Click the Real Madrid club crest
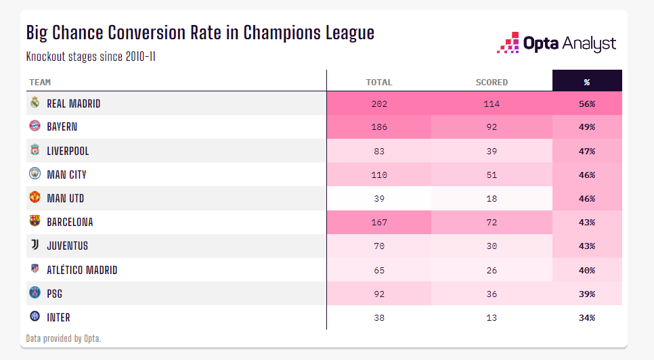pyautogui.click(x=35, y=104)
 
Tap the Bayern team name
pyautogui.click(x=62, y=127)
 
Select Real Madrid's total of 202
pyautogui.click(x=378, y=104)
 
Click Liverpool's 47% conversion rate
pyautogui.click(x=586, y=151)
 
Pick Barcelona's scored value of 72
pyautogui.click(x=492, y=222)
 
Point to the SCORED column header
pyautogui.click(x=492, y=83)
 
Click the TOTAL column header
pyautogui.click(x=378, y=83)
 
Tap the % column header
pyautogui.click(x=586, y=83)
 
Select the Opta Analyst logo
pyautogui.click(x=557, y=43)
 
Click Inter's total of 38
pyautogui.click(x=378, y=317)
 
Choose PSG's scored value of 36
pyautogui.click(x=492, y=294)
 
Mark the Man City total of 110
pyautogui.click(x=378, y=175)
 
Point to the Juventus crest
pyautogui.click(x=35, y=246)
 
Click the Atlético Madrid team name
pyautogui.click(x=82, y=270)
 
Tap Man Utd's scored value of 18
pyautogui.click(x=492, y=198)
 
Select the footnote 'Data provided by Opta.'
pyautogui.click(x=64, y=338)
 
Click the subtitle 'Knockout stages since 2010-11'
pyautogui.click(x=91, y=56)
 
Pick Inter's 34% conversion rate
pyautogui.click(x=586, y=317)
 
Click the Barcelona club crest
pyautogui.click(x=35, y=221)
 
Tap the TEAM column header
pyautogui.click(x=40, y=83)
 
